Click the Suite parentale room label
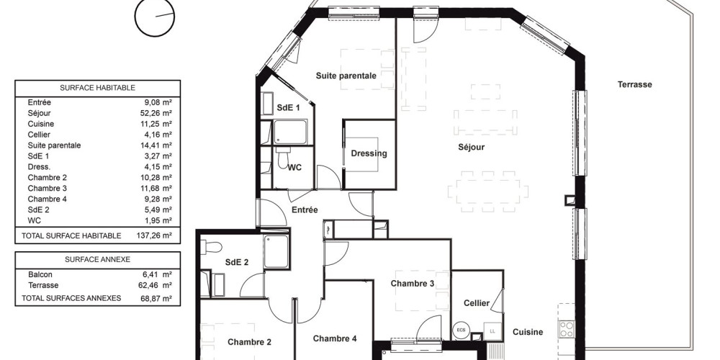(x=346, y=76)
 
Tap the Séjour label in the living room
(x=472, y=148)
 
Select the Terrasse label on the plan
(x=634, y=84)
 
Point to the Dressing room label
(x=369, y=153)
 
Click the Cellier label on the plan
(x=477, y=303)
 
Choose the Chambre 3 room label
(x=412, y=284)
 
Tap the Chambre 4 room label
(x=334, y=338)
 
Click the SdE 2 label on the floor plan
(x=236, y=263)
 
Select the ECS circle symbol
(x=460, y=330)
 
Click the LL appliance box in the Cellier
(x=492, y=330)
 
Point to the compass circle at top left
(x=156, y=17)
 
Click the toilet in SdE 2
(x=212, y=247)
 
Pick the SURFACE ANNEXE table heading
(x=97, y=259)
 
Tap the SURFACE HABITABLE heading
(x=97, y=88)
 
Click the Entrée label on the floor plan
(x=305, y=210)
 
